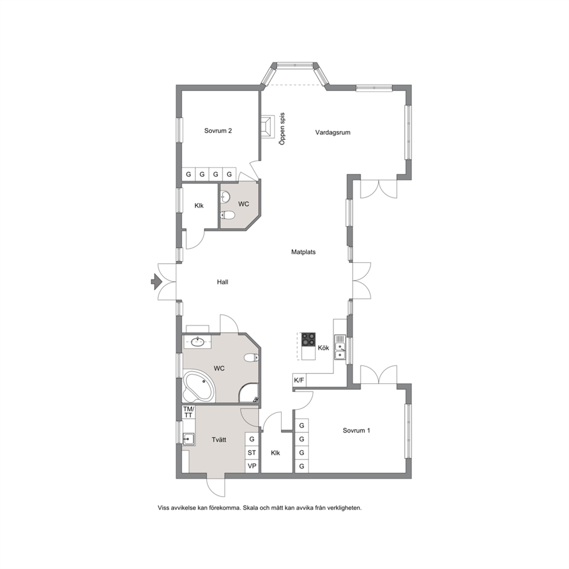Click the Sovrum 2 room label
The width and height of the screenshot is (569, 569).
pos(218,131)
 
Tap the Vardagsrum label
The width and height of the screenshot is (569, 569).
pos(333,132)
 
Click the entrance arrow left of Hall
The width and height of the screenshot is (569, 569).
pos(157,282)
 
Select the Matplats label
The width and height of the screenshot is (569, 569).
pos(303,252)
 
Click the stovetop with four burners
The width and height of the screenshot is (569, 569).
pos(309,340)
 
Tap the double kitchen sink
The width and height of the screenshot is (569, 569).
pos(340,347)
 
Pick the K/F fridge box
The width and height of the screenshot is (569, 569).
pos(299,380)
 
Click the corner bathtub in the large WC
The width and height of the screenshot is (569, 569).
pos(198,387)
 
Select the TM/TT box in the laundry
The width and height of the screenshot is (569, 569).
pos(188,412)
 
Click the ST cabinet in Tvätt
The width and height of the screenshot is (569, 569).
pos(252,453)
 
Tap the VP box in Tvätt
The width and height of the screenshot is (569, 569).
pos(252,466)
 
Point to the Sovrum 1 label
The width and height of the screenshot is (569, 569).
pos(356,431)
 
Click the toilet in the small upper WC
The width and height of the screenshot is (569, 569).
pos(227,215)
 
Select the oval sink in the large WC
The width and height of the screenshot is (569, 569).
pos(198,342)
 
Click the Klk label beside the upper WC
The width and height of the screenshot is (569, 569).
pos(199,206)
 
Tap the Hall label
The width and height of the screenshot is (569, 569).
pos(223,282)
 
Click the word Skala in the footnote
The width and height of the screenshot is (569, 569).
pos(250,508)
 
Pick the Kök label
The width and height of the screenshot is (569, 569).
pos(324,348)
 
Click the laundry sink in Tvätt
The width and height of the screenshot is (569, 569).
pos(189,439)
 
